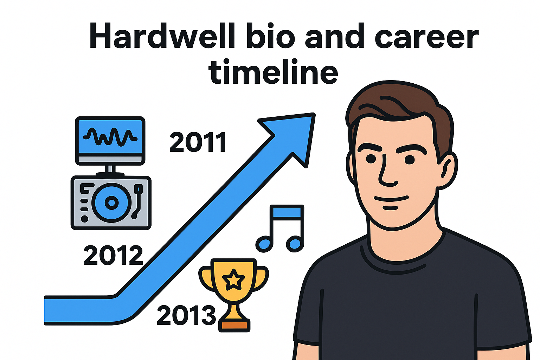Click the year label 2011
(x=198, y=142)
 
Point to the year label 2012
(x=113, y=255)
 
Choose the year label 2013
(x=186, y=315)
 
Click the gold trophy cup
(x=234, y=281)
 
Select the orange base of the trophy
(x=234, y=325)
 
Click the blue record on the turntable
(x=111, y=202)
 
